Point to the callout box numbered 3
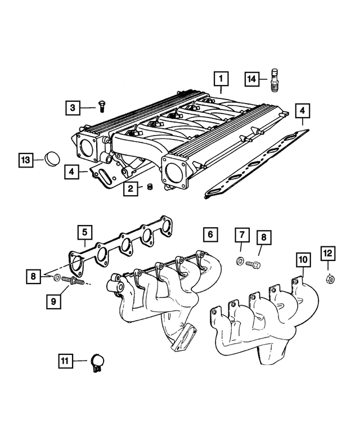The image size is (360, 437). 72,107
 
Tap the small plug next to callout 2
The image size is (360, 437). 150,187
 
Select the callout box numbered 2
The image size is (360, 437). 130,190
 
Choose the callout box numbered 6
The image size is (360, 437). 209,233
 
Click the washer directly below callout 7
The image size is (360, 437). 240,262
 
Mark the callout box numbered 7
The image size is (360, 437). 240,235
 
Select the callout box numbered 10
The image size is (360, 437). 303,260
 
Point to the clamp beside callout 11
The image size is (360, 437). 98,362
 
